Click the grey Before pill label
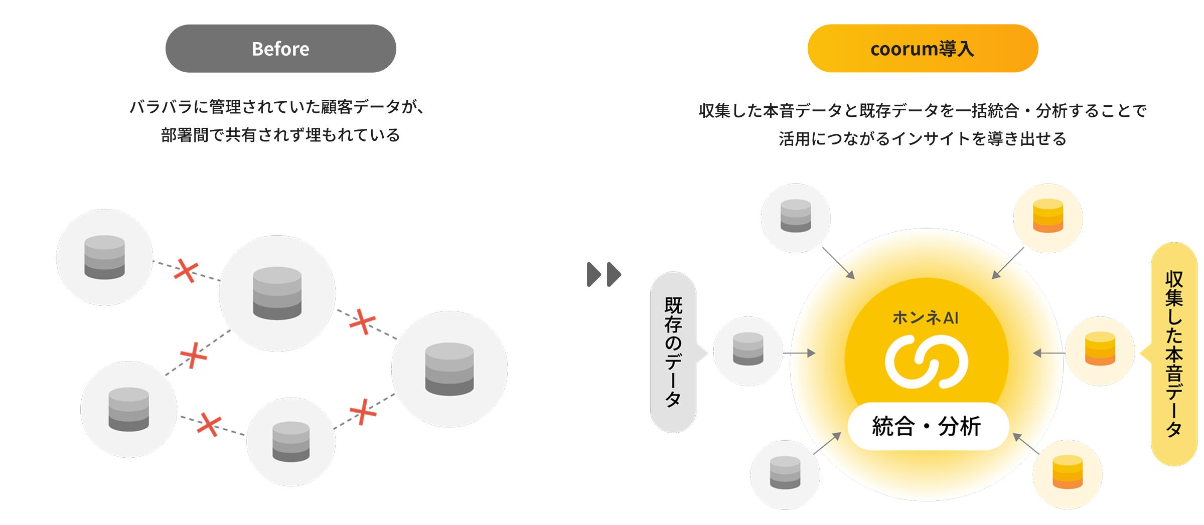(280, 49)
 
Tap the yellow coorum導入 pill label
(922, 49)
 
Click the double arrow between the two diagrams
(604, 274)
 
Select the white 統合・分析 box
(927, 426)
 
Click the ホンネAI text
(926, 318)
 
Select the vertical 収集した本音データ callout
(1174, 354)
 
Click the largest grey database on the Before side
(449, 369)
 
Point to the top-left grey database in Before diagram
(104, 257)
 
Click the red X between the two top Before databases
(186, 272)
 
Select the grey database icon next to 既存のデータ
(747, 349)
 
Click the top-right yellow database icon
(1048, 216)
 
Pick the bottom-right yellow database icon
(1067, 472)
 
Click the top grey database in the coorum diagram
(796, 216)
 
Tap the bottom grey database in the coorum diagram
(785, 472)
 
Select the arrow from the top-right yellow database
(1008, 263)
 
